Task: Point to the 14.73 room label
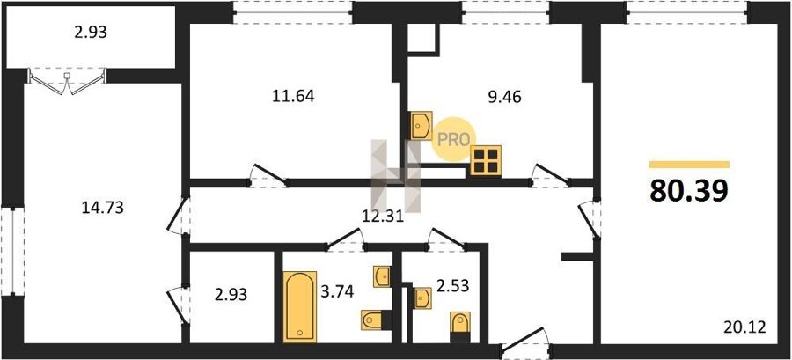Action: click(103, 207)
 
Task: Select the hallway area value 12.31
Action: click(383, 217)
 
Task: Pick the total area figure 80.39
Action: click(689, 190)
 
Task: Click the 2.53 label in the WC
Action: click(452, 286)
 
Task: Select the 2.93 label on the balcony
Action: click(90, 33)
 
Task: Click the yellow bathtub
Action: click(300, 307)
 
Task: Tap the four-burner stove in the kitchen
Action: click(486, 160)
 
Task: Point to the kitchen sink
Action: click(422, 125)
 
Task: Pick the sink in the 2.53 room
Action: click(422, 298)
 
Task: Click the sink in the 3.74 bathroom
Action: click(382, 276)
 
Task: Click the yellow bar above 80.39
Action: click(689, 164)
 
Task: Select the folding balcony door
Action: click(67, 81)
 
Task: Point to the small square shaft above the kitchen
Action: click(422, 37)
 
